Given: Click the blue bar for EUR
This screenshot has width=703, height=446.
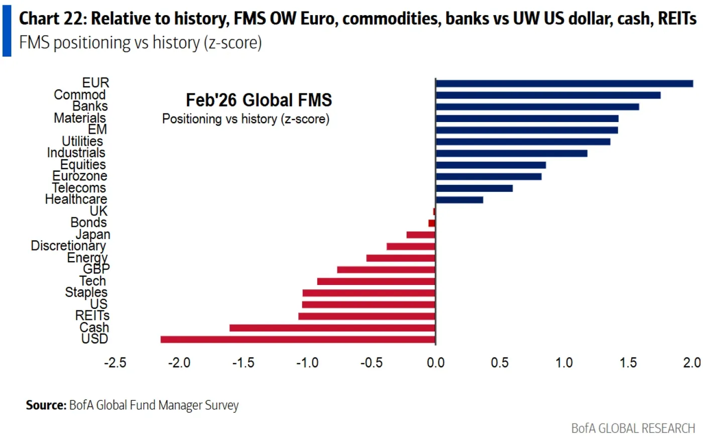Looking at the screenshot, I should pyautogui.click(x=564, y=84).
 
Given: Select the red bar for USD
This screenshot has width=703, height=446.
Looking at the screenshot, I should pyautogui.click(x=298, y=340).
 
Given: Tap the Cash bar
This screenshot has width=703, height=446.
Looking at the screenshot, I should pyautogui.click(x=332, y=328).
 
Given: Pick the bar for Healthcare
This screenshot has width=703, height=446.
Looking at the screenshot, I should pyautogui.click(x=459, y=200).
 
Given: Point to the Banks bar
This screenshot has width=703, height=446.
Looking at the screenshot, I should pyautogui.click(x=537, y=107).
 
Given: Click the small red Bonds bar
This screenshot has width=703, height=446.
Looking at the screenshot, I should pyautogui.click(x=432, y=223).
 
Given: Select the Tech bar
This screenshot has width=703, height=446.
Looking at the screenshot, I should pyautogui.click(x=376, y=281).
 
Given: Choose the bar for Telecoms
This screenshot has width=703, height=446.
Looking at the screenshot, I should pyautogui.click(x=474, y=188).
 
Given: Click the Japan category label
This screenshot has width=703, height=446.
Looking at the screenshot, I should pyautogui.click(x=93, y=235).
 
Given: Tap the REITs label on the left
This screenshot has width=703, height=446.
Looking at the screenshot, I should pyautogui.click(x=92, y=316).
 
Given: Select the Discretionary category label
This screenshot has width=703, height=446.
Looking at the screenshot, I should pyautogui.click(x=68, y=246).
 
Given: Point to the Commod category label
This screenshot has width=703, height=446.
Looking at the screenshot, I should pyautogui.click(x=79, y=95).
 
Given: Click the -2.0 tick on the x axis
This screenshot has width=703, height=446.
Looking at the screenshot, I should pyautogui.click(x=179, y=363).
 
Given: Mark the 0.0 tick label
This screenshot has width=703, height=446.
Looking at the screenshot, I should pyautogui.click(x=435, y=363).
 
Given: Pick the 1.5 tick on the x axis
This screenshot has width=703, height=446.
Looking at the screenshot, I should pyautogui.click(x=628, y=363).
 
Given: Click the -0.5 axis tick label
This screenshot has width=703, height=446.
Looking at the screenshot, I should pyautogui.click(x=371, y=363).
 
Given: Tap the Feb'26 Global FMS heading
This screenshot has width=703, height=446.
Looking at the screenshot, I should pyautogui.click(x=259, y=100).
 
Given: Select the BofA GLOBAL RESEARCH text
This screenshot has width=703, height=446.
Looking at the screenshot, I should pyautogui.click(x=633, y=428).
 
